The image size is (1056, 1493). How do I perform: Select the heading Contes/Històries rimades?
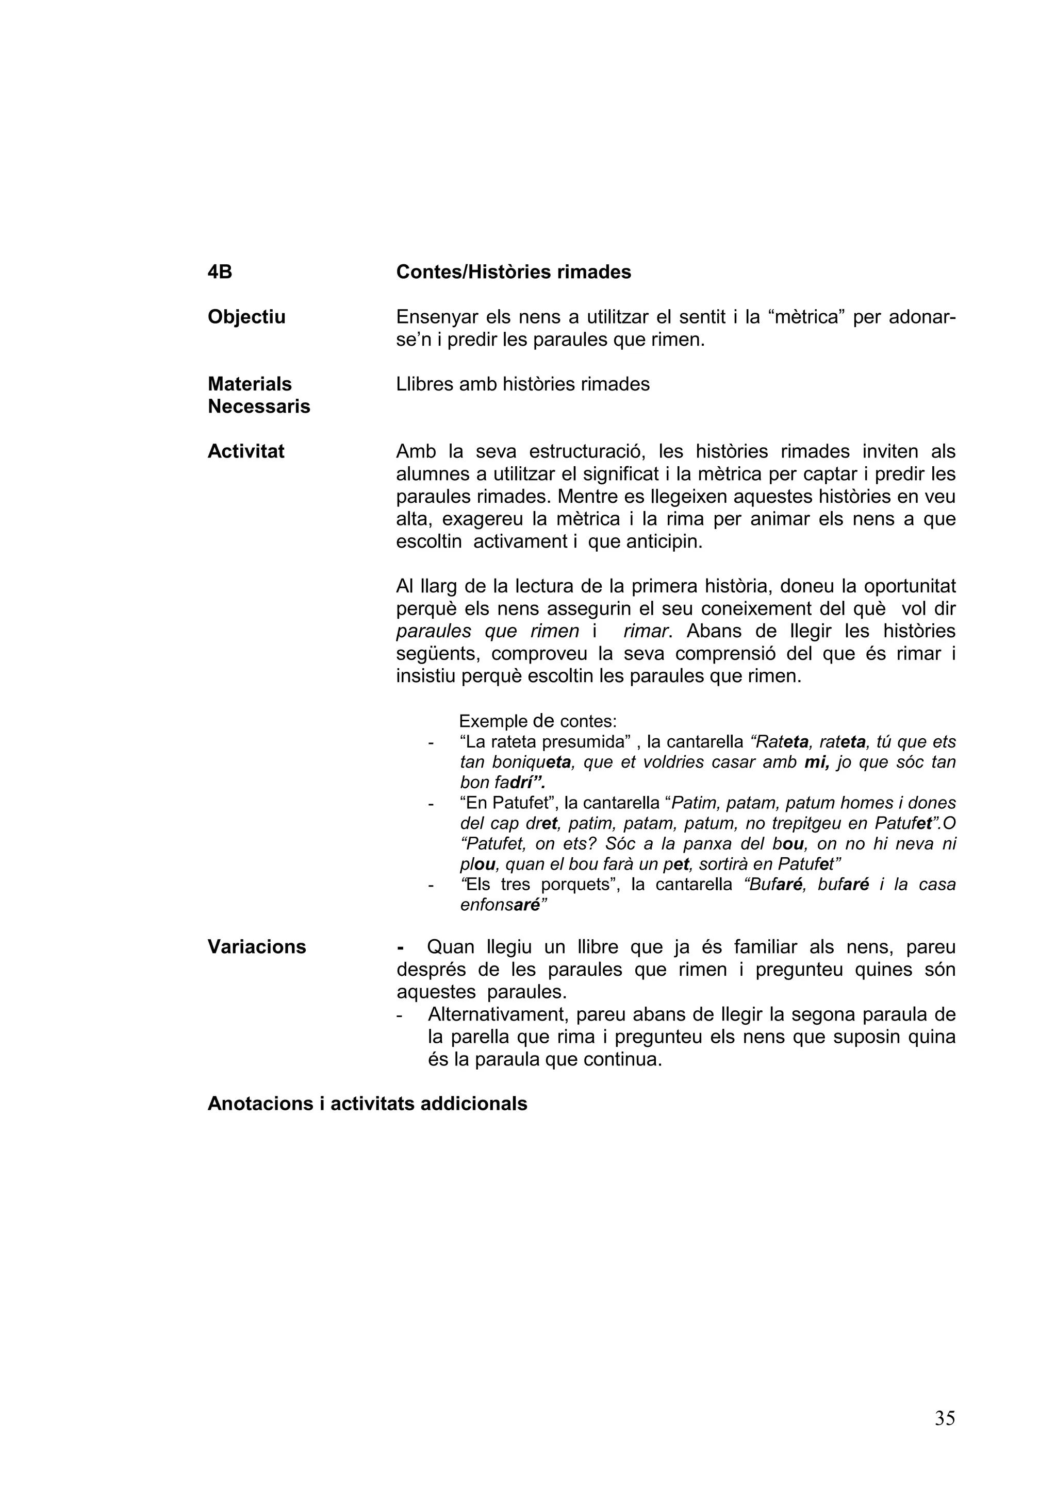(x=514, y=272)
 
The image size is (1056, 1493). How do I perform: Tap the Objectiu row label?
(x=246, y=317)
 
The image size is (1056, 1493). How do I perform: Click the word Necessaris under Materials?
(x=259, y=406)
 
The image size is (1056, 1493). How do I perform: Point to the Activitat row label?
(x=246, y=451)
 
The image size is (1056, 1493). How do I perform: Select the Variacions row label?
(x=256, y=947)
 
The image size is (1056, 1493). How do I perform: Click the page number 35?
(x=945, y=1418)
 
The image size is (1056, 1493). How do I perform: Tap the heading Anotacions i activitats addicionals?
(x=367, y=1104)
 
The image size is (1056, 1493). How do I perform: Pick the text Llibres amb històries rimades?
(x=522, y=384)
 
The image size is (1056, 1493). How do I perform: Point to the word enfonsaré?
(x=504, y=905)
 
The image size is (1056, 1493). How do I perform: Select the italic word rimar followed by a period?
(x=647, y=632)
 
